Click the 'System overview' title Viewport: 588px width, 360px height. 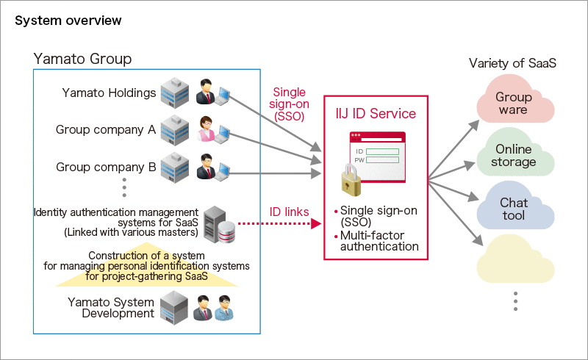(68, 21)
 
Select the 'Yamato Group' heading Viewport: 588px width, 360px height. (82, 59)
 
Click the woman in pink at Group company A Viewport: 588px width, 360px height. (207, 129)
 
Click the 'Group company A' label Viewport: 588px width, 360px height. (106, 130)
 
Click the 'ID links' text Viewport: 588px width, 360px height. (289, 212)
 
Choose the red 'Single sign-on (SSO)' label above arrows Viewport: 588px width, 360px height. (289, 104)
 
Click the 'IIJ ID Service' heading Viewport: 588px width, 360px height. (376, 114)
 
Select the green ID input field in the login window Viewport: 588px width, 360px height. (382, 152)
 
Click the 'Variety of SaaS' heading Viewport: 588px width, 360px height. (512, 63)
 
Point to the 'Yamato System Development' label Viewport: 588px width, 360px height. (111, 308)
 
